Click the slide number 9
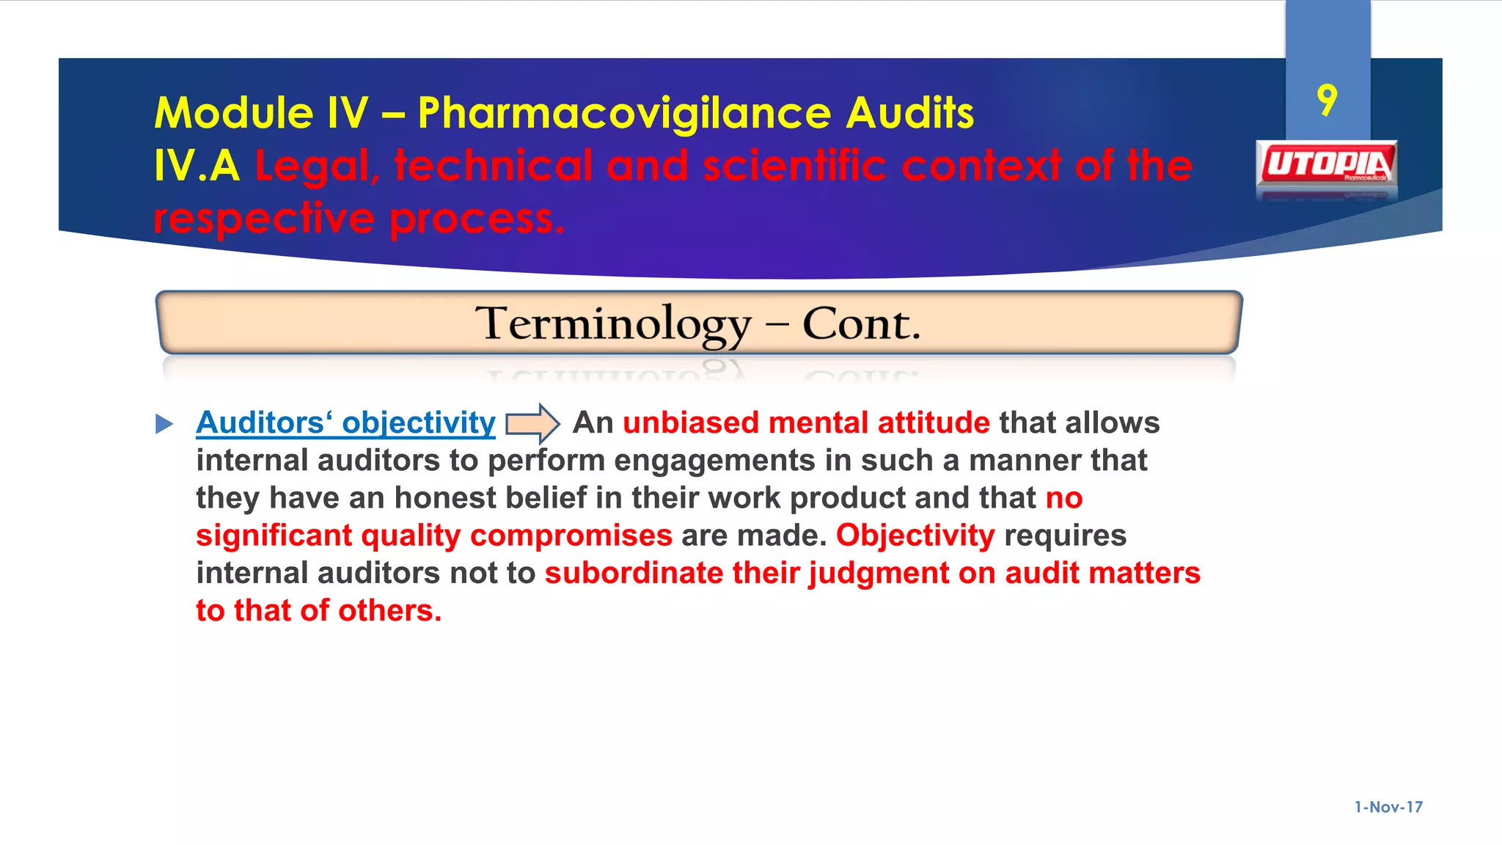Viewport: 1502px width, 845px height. click(x=1327, y=100)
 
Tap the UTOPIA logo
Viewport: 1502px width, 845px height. click(x=1326, y=164)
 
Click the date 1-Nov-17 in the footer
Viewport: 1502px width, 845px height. click(x=1388, y=807)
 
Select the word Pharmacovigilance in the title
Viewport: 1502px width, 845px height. click(x=624, y=114)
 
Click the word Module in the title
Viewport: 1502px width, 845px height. click(x=233, y=114)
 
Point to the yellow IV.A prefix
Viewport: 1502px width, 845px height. click(x=197, y=166)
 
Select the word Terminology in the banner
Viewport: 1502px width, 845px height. click(x=613, y=323)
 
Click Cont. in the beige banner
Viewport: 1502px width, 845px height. click(x=861, y=323)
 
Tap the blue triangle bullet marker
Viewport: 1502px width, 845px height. click(x=164, y=424)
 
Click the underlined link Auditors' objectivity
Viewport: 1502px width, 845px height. click(x=345, y=423)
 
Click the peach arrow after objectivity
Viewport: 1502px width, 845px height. click(x=533, y=423)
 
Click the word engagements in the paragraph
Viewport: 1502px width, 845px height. click(x=714, y=461)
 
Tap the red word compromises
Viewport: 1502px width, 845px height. click(x=571, y=535)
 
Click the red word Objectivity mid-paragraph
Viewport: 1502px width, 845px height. click(x=915, y=535)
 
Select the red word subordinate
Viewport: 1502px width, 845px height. click(x=634, y=573)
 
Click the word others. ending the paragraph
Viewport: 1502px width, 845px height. click(x=389, y=610)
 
